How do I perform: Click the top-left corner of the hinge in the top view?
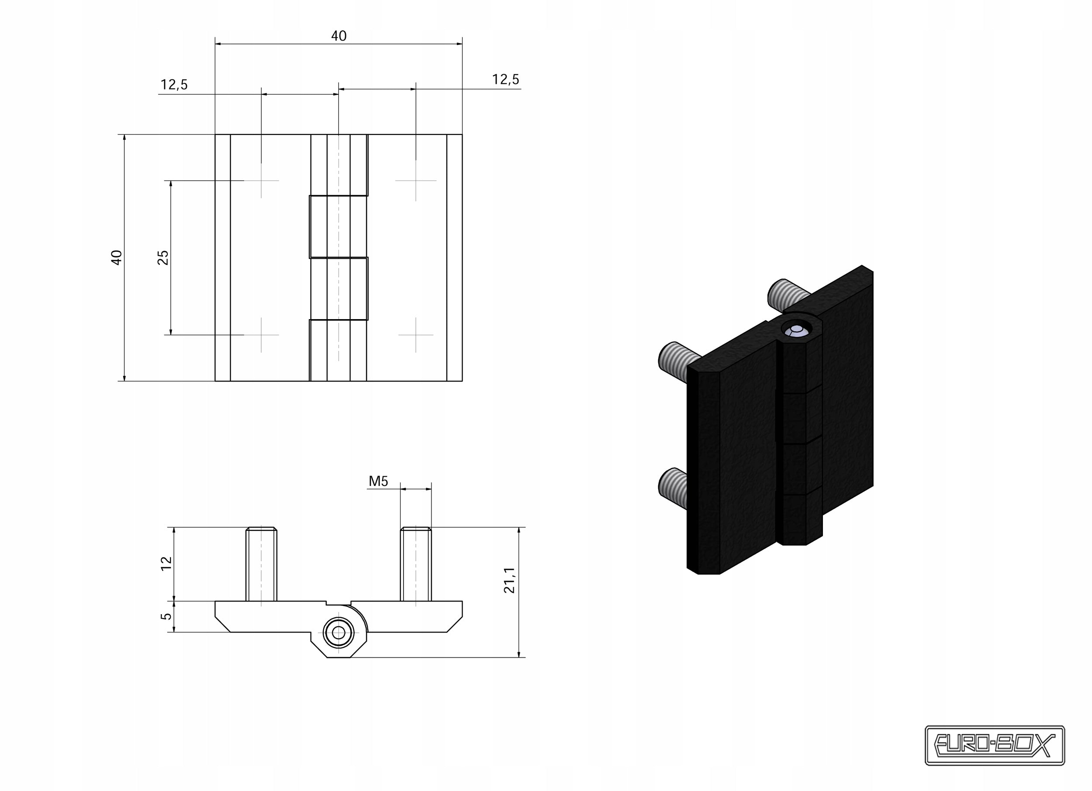click(215, 134)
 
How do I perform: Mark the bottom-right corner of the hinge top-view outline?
click(462, 381)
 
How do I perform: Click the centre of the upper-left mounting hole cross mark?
click(262, 180)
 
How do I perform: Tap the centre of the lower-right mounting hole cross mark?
click(416, 335)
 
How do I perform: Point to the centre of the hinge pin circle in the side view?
click(339, 633)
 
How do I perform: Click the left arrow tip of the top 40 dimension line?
click(216, 44)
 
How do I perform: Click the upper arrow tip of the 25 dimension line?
click(171, 181)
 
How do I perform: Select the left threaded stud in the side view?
click(262, 564)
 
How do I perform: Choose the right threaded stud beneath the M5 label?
click(416, 564)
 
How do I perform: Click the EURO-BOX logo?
click(995, 745)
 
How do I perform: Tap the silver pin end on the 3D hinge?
click(796, 330)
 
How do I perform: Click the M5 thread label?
click(378, 481)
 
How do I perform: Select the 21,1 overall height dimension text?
click(509, 580)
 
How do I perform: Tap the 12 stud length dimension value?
click(166, 564)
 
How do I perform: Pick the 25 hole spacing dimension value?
click(163, 258)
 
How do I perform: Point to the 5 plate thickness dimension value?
click(166, 616)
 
